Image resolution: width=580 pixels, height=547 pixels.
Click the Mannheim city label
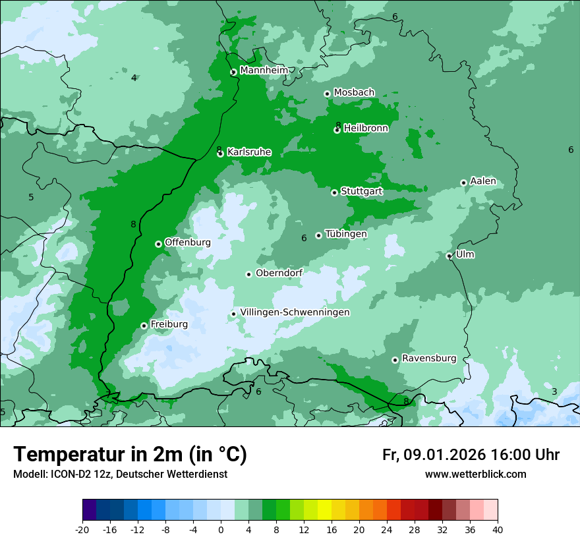coord(264,71)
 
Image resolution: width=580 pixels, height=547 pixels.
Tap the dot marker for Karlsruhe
coord(220,154)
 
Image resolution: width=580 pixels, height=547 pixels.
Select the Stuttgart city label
coord(361,192)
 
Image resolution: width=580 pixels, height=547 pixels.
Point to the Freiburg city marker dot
coord(144,326)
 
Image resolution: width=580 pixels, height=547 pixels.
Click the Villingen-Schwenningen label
coord(295,312)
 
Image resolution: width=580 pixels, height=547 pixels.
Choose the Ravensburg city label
coord(428,359)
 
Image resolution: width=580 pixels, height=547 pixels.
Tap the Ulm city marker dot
coord(449,256)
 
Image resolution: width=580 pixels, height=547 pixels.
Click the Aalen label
coord(482,181)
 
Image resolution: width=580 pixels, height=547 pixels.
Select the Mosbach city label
coord(354,93)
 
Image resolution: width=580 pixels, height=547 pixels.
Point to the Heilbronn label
coord(366,129)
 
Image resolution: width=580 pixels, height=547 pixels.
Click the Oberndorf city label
coord(279,273)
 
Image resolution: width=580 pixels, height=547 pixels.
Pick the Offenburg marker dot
coord(158,244)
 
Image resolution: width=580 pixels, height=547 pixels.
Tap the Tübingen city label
coord(346,234)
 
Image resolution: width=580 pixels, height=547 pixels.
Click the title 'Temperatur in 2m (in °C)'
coord(130,455)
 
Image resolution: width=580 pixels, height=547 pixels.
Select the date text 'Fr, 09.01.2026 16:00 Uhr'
coord(471,455)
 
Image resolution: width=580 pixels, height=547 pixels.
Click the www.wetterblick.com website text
coord(475,475)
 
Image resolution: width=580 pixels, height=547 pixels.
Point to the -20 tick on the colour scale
coord(82,529)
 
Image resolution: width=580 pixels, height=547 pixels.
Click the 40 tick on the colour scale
coord(498,529)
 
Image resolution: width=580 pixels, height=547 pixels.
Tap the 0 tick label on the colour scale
coord(221,529)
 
